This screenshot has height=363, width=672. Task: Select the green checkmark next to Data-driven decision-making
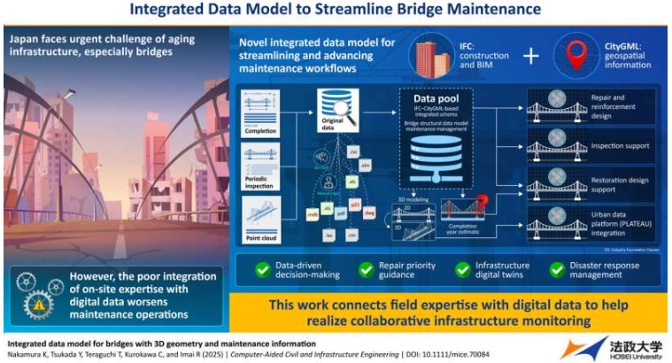(261, 269)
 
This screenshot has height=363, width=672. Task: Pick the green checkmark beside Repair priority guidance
(366, 269)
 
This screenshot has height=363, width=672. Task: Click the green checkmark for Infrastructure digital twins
(460, 269)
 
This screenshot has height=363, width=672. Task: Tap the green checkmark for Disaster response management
(558, 269)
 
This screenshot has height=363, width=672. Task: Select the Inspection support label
(621, 145)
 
